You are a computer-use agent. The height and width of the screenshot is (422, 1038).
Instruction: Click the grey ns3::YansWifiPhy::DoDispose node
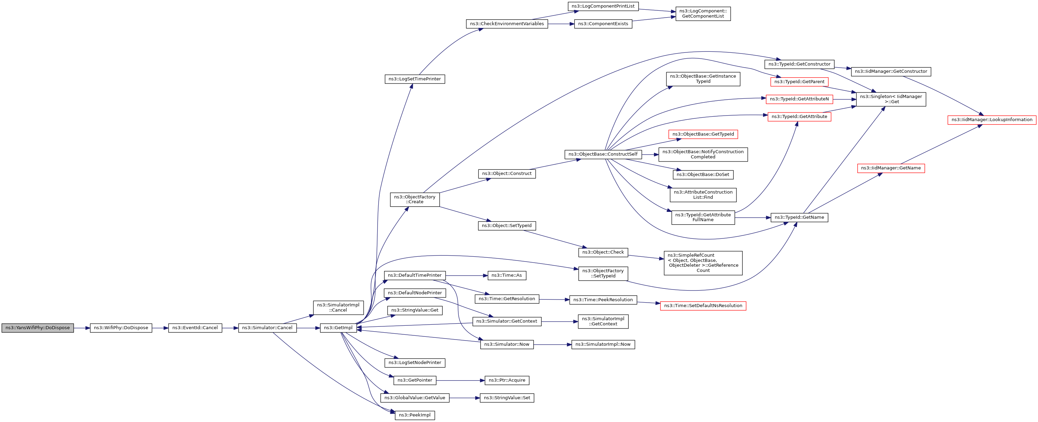(x=37, y=328)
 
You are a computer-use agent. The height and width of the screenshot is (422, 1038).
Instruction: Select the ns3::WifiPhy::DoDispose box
(x=121, y=328)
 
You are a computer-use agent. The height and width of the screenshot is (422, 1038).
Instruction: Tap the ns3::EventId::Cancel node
(x=195, y=328)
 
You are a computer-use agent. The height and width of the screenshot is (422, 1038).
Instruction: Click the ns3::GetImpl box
(x=338, y=328)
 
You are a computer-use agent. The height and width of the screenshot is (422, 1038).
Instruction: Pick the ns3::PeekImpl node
(x=415, y=415)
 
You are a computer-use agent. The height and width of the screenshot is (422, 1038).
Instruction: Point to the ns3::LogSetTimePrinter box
(x=415, y=79)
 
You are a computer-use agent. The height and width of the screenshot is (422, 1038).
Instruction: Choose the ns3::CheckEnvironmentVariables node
(x=506, y=24)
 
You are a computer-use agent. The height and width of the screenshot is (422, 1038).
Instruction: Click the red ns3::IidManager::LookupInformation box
(x=992, y=120)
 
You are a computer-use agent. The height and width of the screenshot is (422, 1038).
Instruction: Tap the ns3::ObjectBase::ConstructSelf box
(x=603, y=154)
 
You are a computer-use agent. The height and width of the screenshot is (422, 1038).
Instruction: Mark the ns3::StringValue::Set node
(x=507, y=398)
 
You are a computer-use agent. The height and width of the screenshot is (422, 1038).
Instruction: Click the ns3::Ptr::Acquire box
(x=507, y=380)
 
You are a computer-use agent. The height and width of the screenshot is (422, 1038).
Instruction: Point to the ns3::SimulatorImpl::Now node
(x=603, y=344)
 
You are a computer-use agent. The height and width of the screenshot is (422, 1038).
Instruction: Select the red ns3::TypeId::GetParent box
(x=799, y=82)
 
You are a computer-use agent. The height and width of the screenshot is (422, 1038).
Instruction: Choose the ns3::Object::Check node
(x=603, y=252)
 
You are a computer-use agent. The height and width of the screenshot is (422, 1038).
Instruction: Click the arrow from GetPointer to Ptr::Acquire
(x=460, y=380)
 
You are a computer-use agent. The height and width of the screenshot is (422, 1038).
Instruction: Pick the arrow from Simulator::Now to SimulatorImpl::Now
(x=552, y=344)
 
